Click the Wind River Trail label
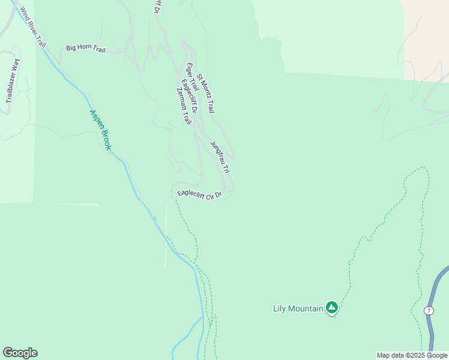pos(32,28)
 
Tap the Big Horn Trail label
pos(85,48)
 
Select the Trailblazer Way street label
pos(12,81)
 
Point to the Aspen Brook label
pos(100,130)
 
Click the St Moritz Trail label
pos(205,94)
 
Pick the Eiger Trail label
pos(193,77)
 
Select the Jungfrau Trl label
pos(220,157)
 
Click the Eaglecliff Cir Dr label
pos(200,195)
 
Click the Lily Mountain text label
pos(298,308)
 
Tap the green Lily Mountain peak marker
pos(331,308)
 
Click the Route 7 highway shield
pos(429,310)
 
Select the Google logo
pos(20,353)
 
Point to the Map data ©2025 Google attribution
pos(412,355)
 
